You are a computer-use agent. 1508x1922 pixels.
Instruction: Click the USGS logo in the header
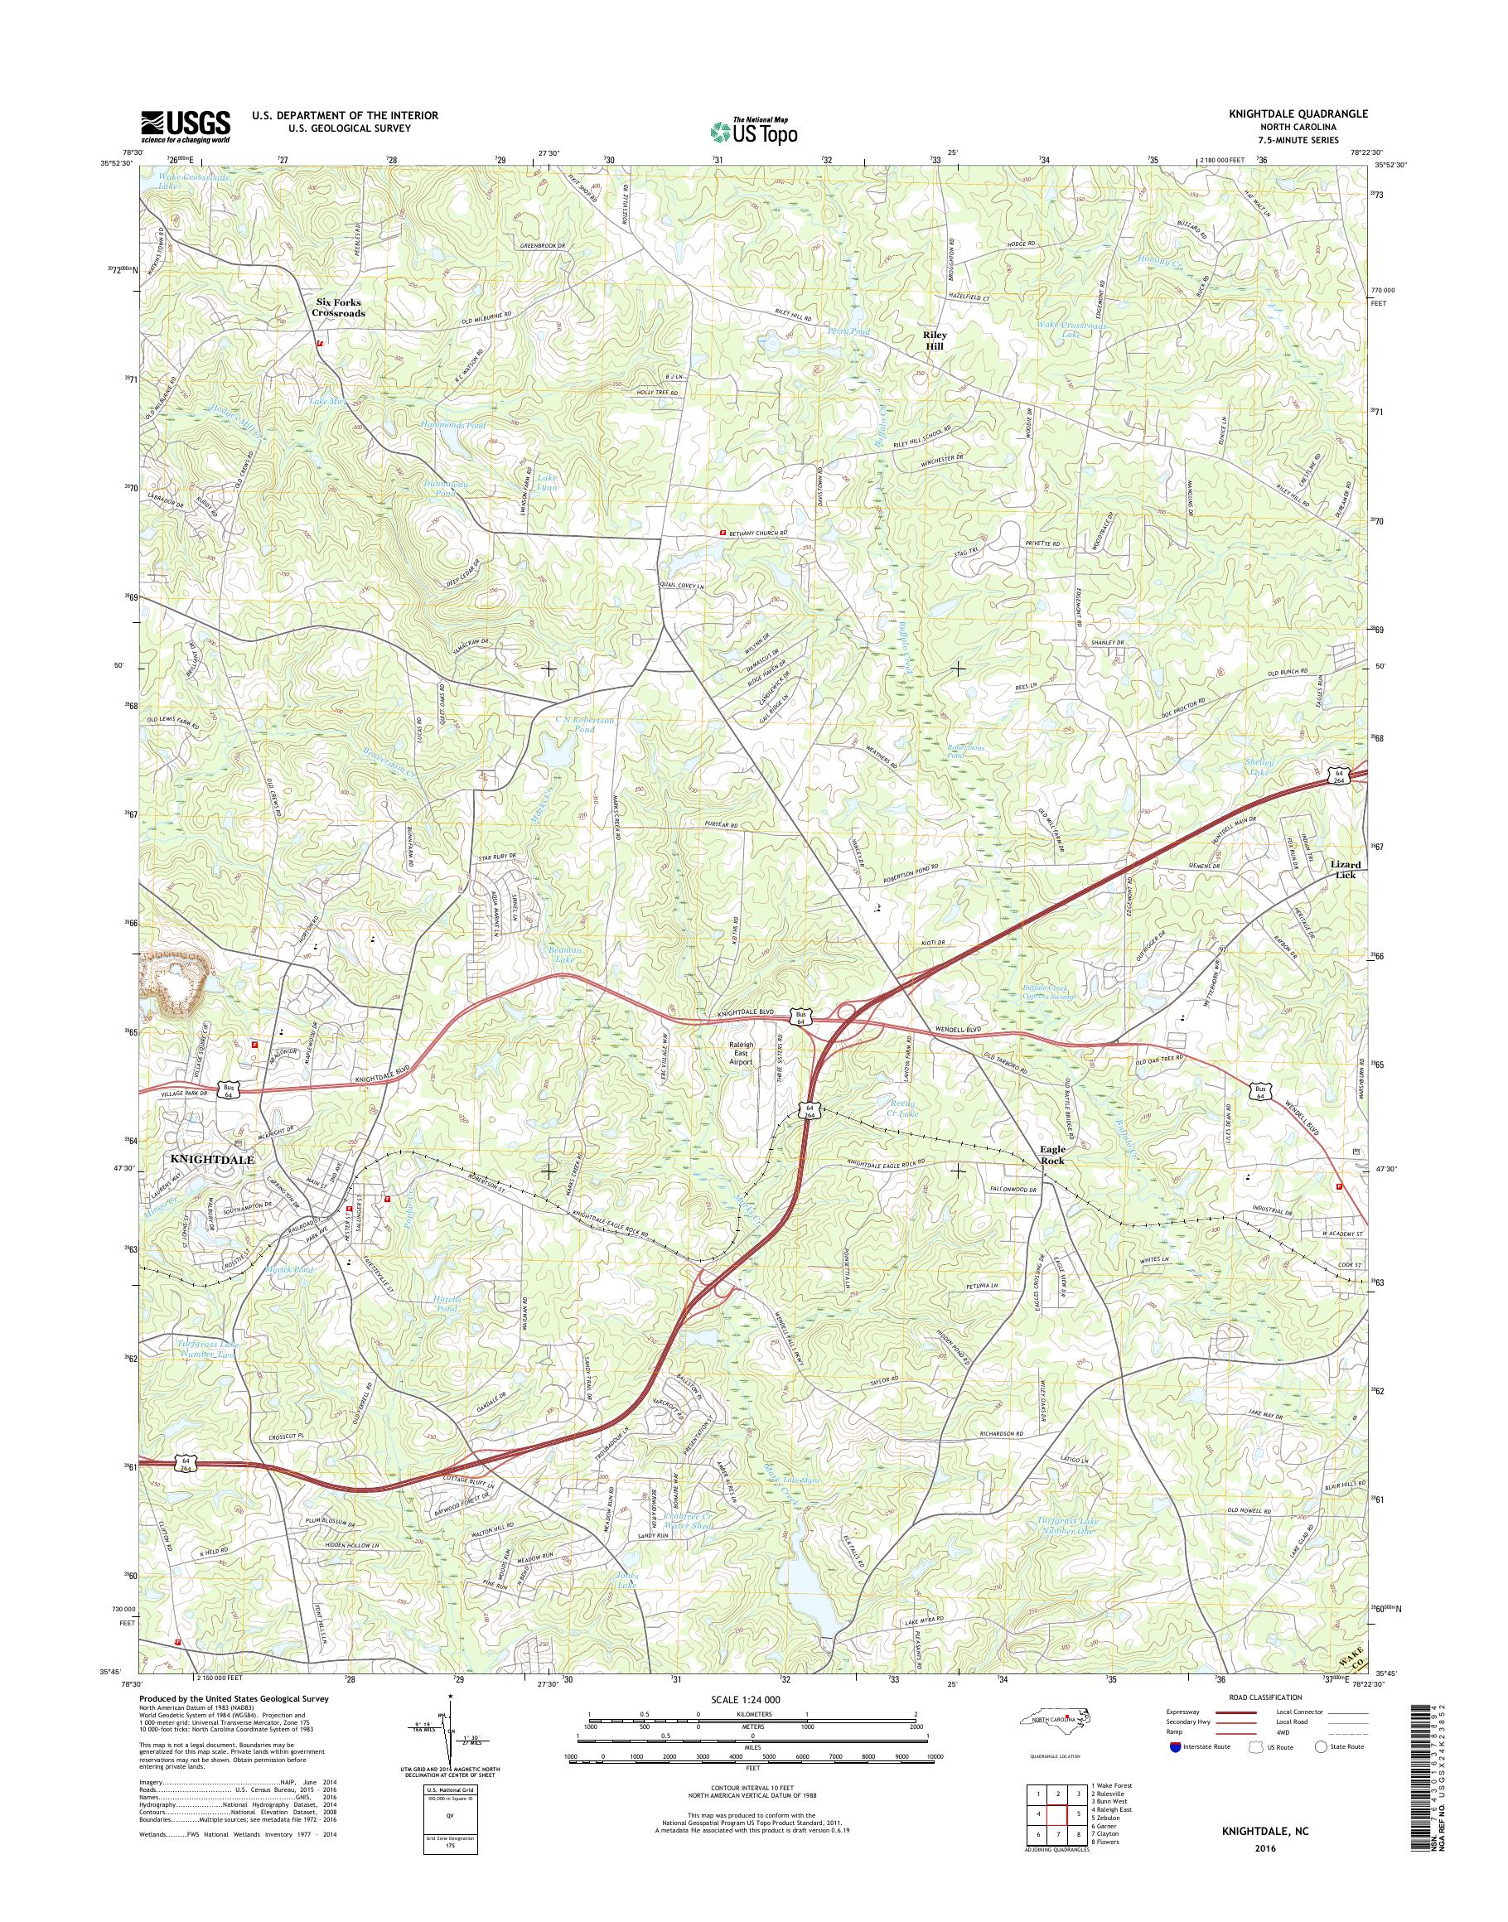186,126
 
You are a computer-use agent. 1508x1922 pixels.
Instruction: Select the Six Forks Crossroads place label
339,307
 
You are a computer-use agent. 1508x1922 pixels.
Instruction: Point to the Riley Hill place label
935,340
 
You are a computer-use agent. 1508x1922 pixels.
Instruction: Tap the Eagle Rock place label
1051,1156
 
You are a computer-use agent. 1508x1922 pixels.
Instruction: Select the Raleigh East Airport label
740,1052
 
